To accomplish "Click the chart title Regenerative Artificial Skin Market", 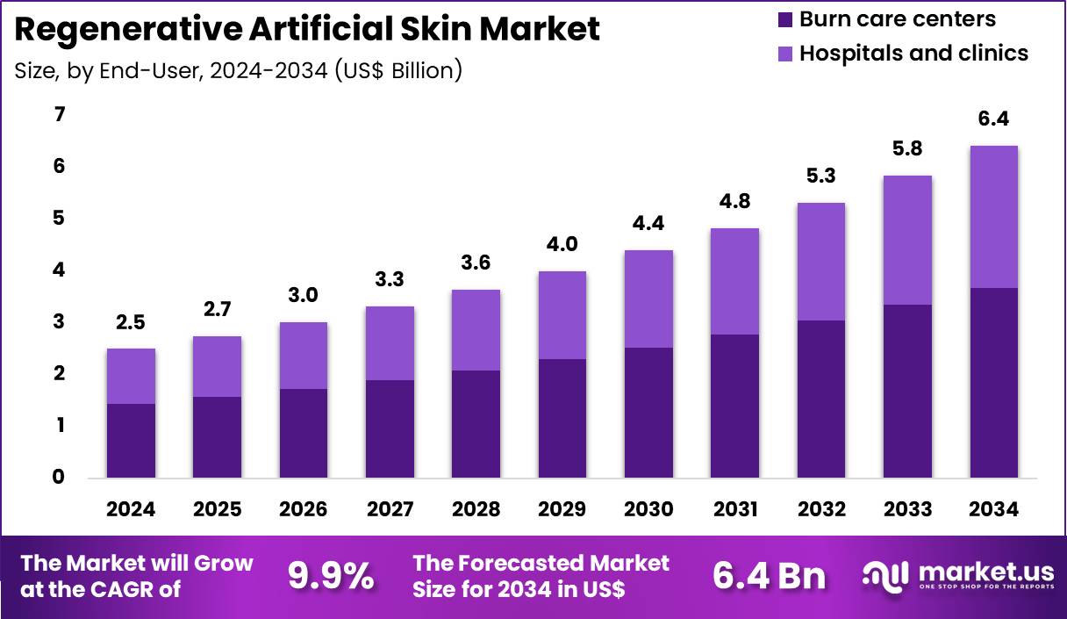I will tap(307, 29).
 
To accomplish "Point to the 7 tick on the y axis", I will tap(59, 115).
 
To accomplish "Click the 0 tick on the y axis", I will tap(59, 478).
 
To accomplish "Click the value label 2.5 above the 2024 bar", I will tap(131, 323).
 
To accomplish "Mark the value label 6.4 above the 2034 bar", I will tap(993, 119).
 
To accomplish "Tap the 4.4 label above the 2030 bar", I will tap(648, 224).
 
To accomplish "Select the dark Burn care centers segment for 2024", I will tap(131, 441).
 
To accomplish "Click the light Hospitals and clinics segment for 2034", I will tap(993, 217).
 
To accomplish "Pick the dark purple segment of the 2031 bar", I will tap(734, 406).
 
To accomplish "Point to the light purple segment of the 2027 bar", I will tap(390, 343).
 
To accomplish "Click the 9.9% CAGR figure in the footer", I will tap(330, 576).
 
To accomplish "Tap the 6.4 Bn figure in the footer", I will tap(769, 576).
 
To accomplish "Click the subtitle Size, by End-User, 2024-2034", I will tap(238, 69).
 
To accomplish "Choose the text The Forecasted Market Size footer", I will tap(541, 576).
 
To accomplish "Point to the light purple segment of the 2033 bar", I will tap(907, 241).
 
